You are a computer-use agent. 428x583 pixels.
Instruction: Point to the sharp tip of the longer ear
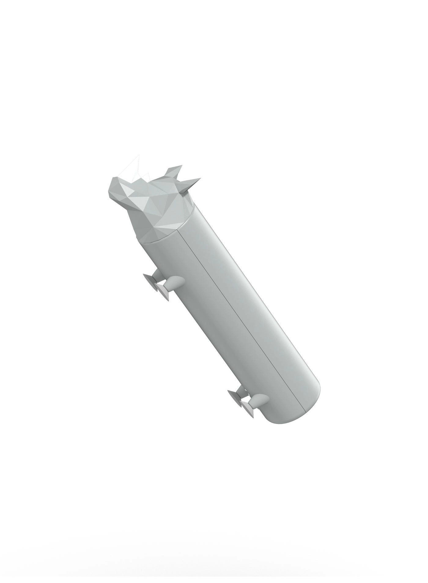coord(201,179)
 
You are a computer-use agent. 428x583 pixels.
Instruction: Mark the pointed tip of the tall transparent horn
coord(139,155)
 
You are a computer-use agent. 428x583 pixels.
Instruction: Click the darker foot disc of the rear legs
coord(247,409)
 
